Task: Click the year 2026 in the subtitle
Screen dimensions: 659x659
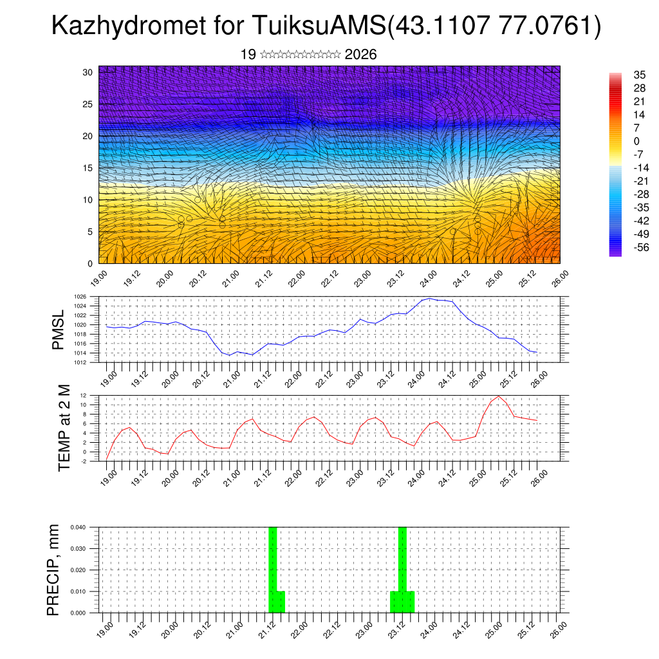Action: [360, 55]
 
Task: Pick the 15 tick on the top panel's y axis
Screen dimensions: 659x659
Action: [88, 168]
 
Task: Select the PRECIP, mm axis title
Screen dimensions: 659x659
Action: [54, 570]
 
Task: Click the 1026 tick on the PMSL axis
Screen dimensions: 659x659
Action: [89, 297]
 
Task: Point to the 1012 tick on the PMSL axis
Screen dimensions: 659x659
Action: [89, 362]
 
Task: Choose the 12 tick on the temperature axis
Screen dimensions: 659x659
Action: [92, 395]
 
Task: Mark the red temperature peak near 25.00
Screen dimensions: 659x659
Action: [498, 396]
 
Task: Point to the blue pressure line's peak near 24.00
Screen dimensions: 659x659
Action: [426, 299]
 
